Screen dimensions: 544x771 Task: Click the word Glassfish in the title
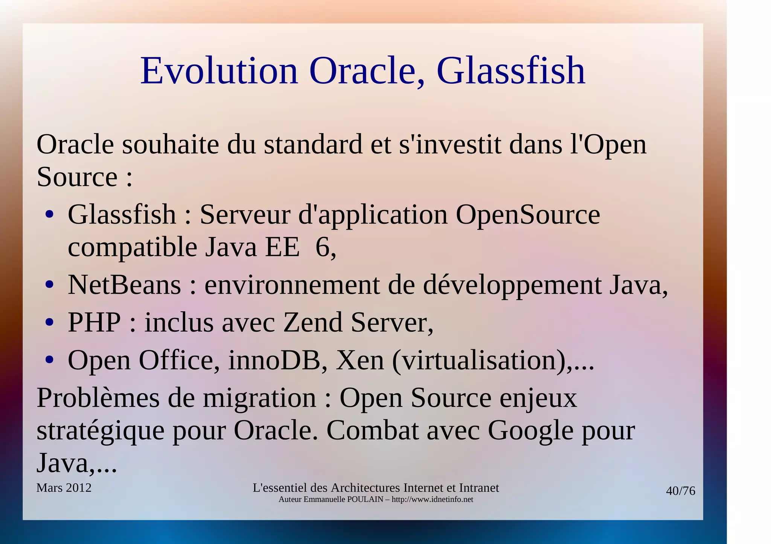point(511,71)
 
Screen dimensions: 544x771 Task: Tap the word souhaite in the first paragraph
point(170,144)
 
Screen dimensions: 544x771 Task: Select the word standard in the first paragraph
point(313,144)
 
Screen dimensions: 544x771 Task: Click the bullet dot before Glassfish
point(49,215)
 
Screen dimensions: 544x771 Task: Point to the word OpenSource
point(528,215)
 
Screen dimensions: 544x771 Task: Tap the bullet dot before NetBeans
point(49,285)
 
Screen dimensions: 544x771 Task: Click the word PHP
point(94,323)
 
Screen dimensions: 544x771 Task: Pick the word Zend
point(312,323)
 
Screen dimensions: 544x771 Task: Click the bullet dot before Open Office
point(49,360)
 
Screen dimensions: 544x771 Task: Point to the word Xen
point(360,360)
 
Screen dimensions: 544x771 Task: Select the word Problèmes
point(98,398)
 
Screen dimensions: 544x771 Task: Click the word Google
point(530,430)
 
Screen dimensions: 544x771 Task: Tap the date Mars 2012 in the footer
point(64,488)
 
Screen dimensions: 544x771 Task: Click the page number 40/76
point(680,491)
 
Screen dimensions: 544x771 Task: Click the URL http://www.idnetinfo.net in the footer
point(432,500)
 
